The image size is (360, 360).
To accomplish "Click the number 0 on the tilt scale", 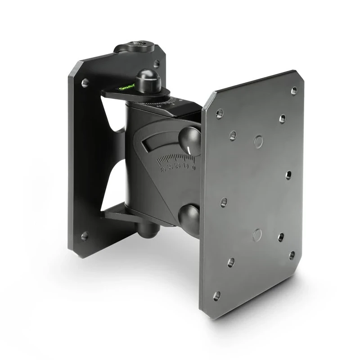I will point(193,167).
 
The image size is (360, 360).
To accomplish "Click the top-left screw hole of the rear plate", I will point(85,83).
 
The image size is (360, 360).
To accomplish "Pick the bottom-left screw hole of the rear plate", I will point(84,235).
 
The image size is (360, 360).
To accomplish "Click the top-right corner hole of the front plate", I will point(294,90).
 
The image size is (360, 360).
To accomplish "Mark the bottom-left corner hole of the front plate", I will point(217,296).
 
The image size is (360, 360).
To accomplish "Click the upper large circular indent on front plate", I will point(258,142).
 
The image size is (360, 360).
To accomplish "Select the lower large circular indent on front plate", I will point(257,234).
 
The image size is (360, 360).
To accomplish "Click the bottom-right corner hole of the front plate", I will point(292,255).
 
